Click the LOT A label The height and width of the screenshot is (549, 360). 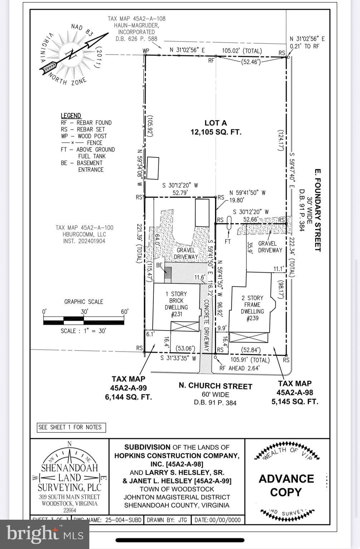[216, 123]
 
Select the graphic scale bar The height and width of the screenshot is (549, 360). [84, 320]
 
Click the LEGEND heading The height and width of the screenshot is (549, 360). [71, 115]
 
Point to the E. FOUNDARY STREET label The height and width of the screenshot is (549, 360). [317, 210]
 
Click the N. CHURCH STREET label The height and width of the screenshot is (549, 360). [215, 386]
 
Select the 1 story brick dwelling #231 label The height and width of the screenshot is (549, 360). [176, 304]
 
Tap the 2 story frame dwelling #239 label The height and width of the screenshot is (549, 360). [252, 308]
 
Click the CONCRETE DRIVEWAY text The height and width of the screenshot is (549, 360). [206, 325]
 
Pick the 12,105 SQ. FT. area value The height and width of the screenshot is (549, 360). [216, 132]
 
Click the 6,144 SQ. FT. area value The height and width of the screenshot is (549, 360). [128, 397]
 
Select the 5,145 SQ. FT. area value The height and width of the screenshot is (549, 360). [295, 401]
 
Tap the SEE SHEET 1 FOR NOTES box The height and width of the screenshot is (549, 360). [71, 427]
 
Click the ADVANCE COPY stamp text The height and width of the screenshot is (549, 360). [286, 485]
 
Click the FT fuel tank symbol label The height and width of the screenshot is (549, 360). [228, 242]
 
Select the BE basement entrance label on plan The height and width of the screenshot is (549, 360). [159, 265]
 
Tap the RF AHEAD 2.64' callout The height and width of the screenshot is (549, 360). [239, 368]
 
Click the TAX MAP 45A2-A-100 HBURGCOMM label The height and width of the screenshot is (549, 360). [84, 234]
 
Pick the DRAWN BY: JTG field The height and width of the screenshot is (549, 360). [167, 520]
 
